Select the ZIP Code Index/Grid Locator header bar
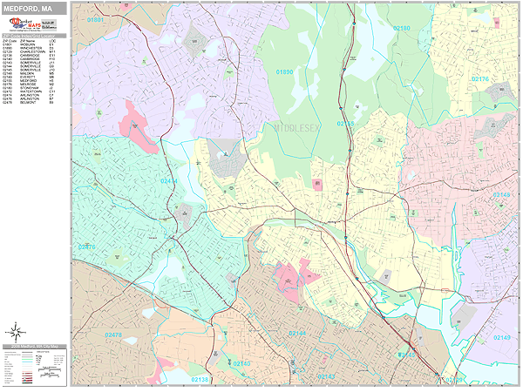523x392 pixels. (x=35, y=37)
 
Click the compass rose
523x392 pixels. (x=15, y=331)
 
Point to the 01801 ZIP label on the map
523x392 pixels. (x=95, y=19)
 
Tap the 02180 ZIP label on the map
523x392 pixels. (x=400, y=29)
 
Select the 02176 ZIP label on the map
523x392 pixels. (x=480, y=79)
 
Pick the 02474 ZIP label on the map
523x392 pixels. (x=170, y=181)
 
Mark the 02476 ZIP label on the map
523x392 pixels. (x=87, y=247)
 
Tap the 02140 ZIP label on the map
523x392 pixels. (x=241, y=362)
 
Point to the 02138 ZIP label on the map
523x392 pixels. (x=200, y=380)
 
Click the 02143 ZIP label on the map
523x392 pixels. (x=326, y=375)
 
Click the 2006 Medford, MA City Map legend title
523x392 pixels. (x=35, y=347)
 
